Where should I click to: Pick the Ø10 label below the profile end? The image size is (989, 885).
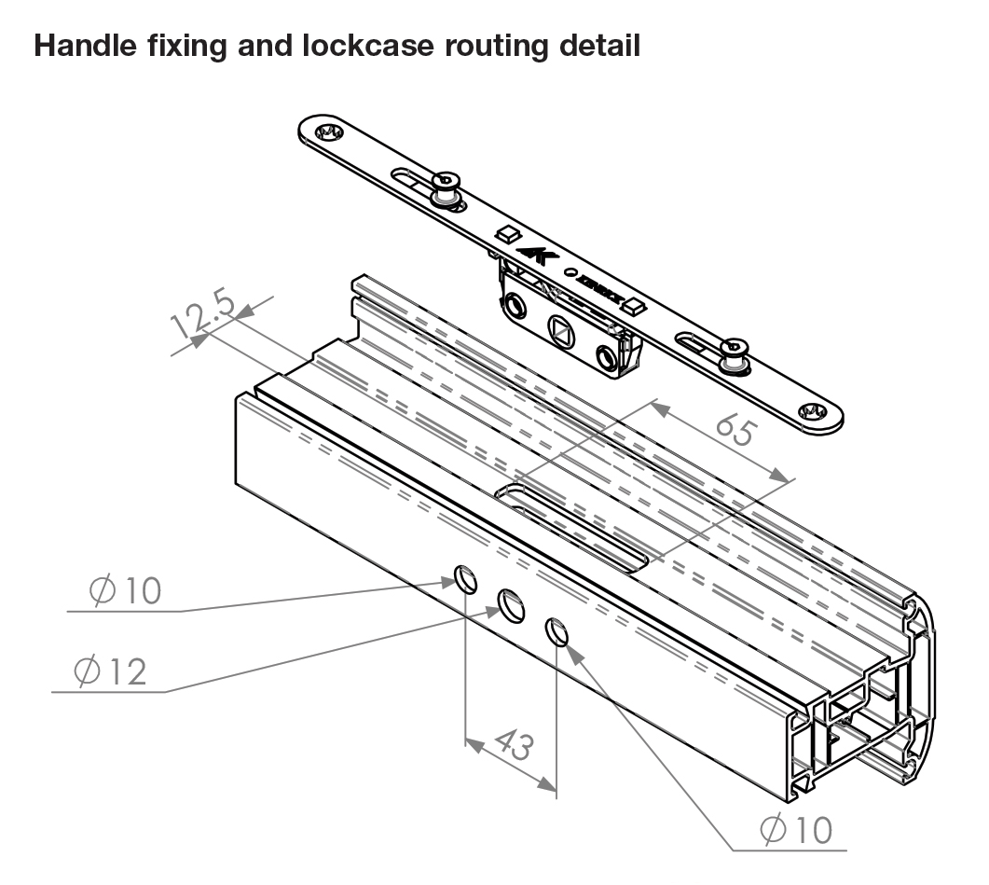click(x=795, y=829)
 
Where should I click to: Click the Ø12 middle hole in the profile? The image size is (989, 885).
click(x=510, y=606)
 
